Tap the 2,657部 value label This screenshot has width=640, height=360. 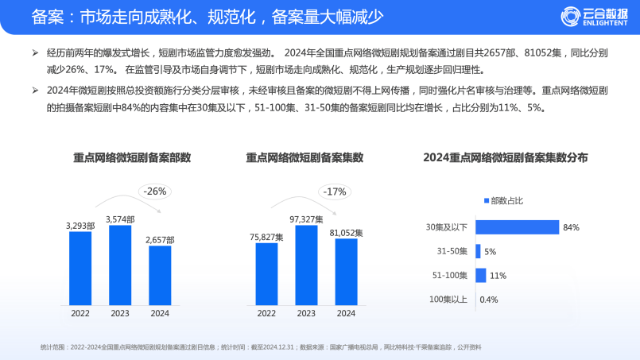click(160, 239)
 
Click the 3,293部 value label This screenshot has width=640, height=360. click(80, 226)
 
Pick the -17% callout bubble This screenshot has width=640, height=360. click(334, 191)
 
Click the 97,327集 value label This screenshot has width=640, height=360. click(306, 219)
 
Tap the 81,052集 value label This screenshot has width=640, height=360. click(346, 233)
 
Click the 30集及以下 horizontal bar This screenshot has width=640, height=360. click(517, 227)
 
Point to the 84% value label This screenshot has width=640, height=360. click(570, 227)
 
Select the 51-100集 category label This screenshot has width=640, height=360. click(449, 275)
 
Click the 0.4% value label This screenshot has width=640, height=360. click(489, 300)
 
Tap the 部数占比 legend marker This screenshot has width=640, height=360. click(486, 200)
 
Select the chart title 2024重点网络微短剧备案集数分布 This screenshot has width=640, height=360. click(506, 157)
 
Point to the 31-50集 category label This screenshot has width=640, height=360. click(452, 251)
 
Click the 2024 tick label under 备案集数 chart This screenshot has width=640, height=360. click(346, 313)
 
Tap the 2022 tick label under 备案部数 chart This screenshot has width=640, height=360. click(80, 313)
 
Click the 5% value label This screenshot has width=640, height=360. click(491, 252)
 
